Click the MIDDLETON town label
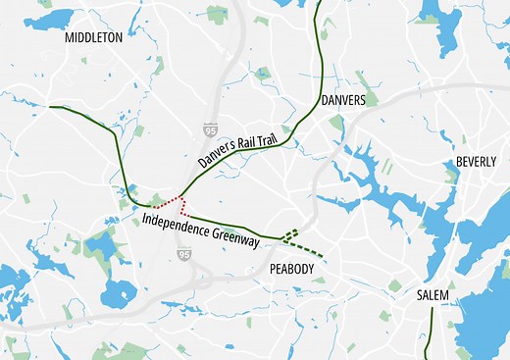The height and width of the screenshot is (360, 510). pyautogui.click(x=93, y=37)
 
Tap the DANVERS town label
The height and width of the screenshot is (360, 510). pyautogui.click(x=342, y=101)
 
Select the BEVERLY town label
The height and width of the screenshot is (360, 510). pyautogui.click(x=478, y=162)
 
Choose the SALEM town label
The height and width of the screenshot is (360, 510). pyautogui.click(x=432, y=294)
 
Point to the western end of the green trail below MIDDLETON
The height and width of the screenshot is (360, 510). pyautogui.click(x=50, y=106)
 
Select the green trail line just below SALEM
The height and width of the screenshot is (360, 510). pyautogui.click(x=427, y=334)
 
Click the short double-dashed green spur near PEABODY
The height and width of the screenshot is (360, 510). pyautogui.click(x=289, y=233)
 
